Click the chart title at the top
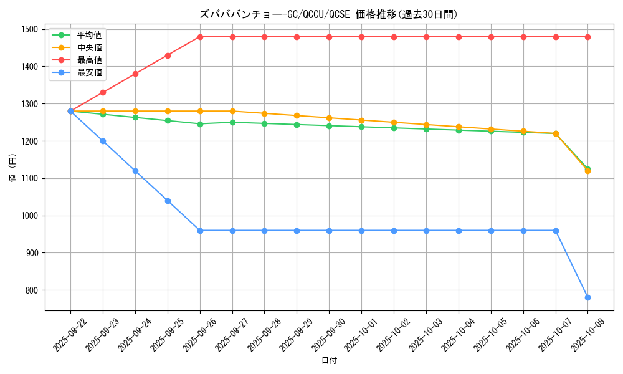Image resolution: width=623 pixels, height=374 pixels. [x=333, y=14]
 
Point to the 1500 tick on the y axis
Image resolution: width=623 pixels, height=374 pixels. [x=29, y=29]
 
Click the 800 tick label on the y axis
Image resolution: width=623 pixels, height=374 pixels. [x=32, y=290]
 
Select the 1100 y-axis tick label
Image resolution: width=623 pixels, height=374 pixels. [x=29, y=178]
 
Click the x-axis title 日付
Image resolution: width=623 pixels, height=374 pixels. [x=329, y=362]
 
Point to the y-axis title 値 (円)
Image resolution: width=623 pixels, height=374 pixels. [x=13, y=170]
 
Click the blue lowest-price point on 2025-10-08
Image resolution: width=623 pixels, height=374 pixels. [x=587, y=297]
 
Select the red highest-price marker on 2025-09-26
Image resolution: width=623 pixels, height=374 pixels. [x=200, y=37]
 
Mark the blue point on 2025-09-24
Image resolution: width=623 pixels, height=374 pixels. [x=135, y=171]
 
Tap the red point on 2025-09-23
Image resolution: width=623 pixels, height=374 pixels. [x=103, y=92]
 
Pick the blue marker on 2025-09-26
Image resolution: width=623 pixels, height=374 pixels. [x=200, y=231]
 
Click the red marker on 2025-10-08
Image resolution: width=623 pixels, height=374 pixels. [x=587, y=37]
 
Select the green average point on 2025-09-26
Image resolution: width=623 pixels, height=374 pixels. [x=200, y=124]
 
